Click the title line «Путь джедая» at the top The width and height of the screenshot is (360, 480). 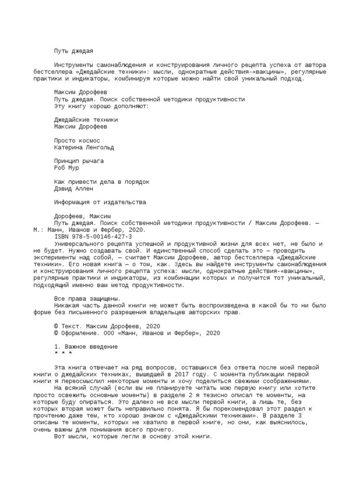(77, 51)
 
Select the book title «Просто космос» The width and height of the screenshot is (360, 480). (77, 141)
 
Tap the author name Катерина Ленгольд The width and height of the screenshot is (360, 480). (84, 147)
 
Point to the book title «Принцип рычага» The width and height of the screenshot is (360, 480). (79, 161)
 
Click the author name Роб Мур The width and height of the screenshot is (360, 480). (67, 168)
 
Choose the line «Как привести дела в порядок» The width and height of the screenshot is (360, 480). (102, 181)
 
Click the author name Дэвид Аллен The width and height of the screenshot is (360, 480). (74, 188)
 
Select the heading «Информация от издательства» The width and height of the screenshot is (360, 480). (100, 202)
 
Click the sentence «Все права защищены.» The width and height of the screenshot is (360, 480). (88, 299)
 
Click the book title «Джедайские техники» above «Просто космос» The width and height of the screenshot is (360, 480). (86, 120)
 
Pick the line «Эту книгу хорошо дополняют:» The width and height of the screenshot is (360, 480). (101, 106)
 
